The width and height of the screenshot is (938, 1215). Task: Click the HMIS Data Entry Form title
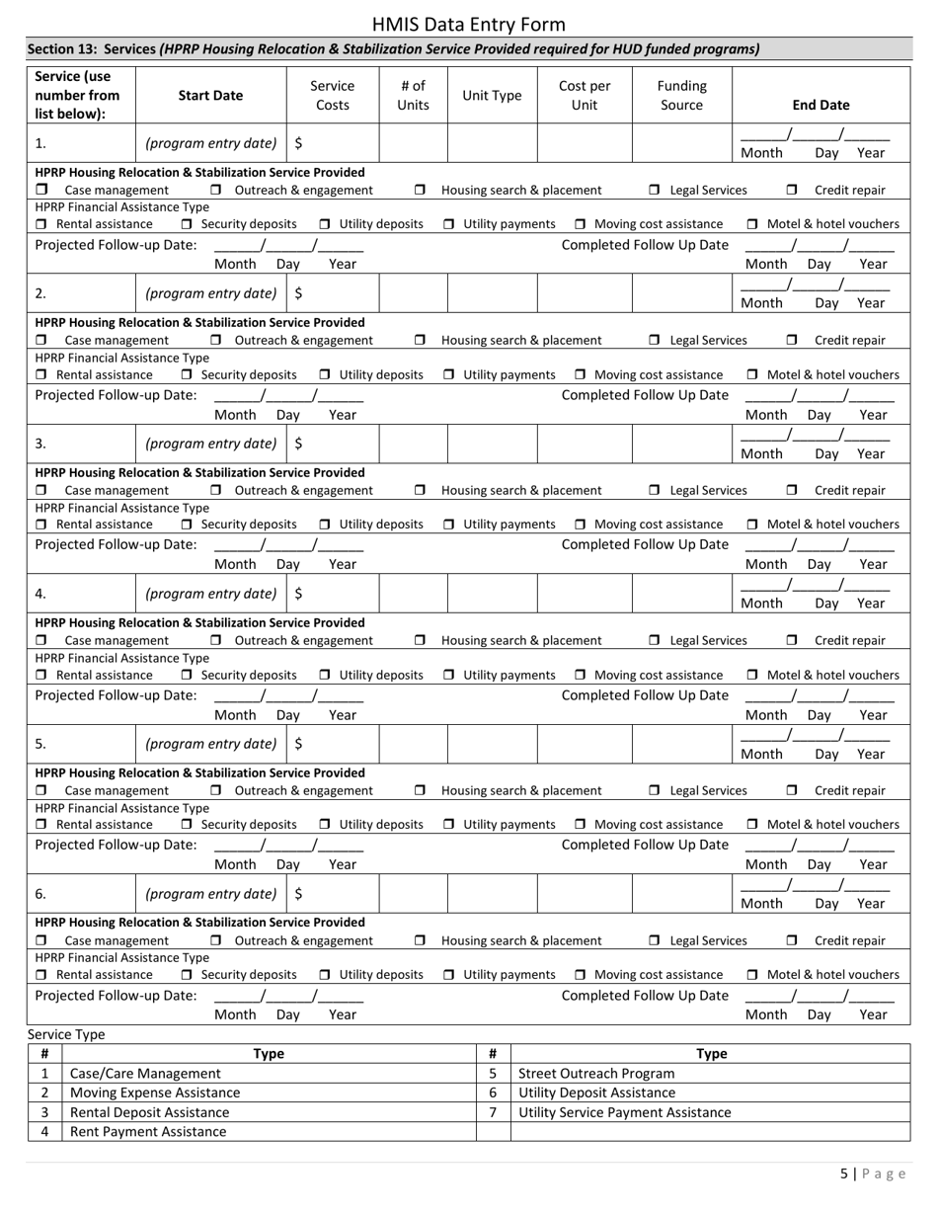click(x=469, y=25)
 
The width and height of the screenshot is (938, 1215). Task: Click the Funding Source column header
click(x=681, y=95)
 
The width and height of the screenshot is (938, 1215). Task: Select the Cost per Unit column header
click(x=585, y=95)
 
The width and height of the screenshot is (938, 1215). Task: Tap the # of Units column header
click(x=413, y=95)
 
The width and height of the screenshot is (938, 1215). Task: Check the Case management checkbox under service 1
click(x=41, y=190)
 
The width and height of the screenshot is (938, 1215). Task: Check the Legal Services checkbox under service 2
click(x=655, y=340)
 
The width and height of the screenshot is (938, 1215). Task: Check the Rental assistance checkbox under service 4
click(x=41, y=675)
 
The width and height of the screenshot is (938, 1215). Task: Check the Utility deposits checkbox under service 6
click(x=325, y=974)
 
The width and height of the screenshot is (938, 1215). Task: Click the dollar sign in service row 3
click(x=299, y=444)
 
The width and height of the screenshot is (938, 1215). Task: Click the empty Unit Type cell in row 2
click(x=492, y=293)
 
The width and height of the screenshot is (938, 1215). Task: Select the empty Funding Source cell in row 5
click(x=681, y=744)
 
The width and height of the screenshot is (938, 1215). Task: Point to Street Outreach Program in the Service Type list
click(x=596, y=1073)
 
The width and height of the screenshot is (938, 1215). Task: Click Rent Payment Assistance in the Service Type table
click(x=148, y=1131)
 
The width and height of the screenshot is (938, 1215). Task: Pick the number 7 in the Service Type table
click(x=493, y=1112)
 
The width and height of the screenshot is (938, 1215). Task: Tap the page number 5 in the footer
click(x=844, y=1174)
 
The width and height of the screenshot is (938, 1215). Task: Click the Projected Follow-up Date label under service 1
click(x=116, y=245)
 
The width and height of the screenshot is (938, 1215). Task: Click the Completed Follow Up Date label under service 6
click(x=645, y=995)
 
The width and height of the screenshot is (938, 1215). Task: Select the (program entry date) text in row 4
click(x=210, y=594)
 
